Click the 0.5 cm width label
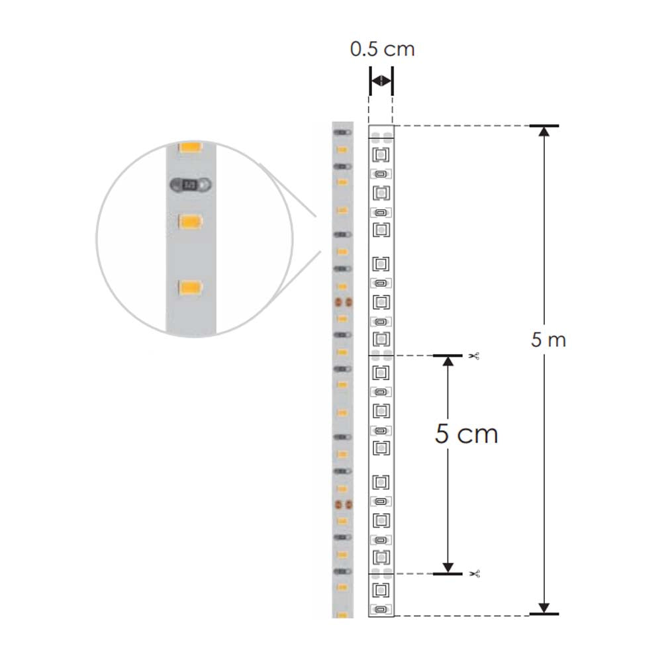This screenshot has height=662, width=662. pyautogui.click(x=382, y=50)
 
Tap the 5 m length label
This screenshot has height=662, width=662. pyautogui.click(x=548, y=340)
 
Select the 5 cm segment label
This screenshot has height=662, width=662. pyautogui.click(x=466, y=434)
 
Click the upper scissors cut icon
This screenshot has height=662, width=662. pyautogui.click(x=473, y=356)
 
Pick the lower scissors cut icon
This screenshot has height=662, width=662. pyautogui.click(x=473, y=573)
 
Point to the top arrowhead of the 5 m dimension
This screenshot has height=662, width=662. pyautogui.click(x=544, y=131)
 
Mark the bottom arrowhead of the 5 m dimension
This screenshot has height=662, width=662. pyautogui.click(x=544, y=608)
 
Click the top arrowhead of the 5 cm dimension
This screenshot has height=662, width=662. pyautogui.click(x=448, y=361)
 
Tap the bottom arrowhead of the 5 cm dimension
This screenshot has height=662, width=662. pyautogui.click(x=448, y=567)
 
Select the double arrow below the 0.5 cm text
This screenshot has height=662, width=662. pyautogui.click(x=381, y=81)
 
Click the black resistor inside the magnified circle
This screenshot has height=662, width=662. pyautogui.click(x=191, y=185)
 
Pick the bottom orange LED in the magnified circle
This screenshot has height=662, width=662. pyautogui.click(x=191, y=287)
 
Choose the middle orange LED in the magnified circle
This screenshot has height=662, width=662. pyautogui.click(x=191, y=220)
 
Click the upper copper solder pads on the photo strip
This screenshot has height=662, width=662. pyautogui.click(x=342, y=303)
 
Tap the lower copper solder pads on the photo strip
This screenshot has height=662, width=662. pyautogui.click(x=342, y=504)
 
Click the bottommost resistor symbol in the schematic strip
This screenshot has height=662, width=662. pyautogui.click(x=381, y=609)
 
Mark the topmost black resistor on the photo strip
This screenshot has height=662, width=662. pyautogui.click(x=342, y=132)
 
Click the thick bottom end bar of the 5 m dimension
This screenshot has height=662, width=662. pyautogui.click(x=544, y=614)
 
